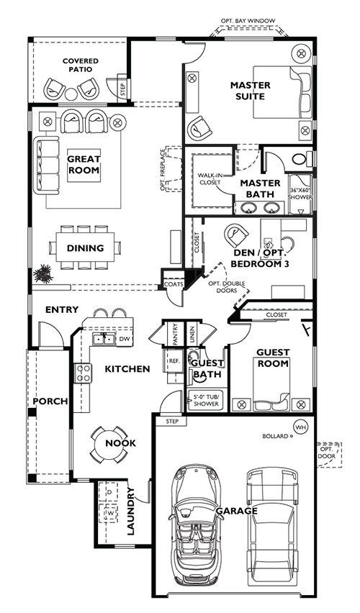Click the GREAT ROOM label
coord(84,164)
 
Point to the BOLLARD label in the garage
coord(274,436)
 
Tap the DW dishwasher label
coord(123,337)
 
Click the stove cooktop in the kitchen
coord(84,373)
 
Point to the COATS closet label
coord(173,283)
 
